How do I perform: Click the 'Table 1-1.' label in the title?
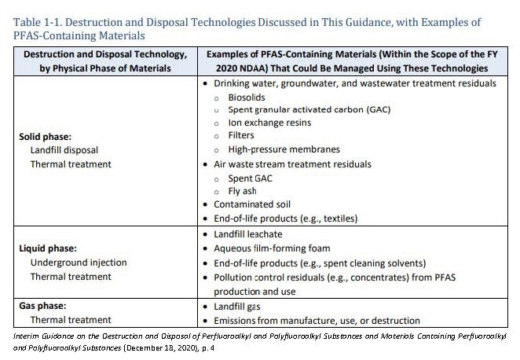coord(32,22)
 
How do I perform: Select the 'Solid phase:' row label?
coord(45,136)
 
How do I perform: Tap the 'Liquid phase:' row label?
coord(47,248)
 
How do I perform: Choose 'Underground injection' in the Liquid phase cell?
coord(78,263)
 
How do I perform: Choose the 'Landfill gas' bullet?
coord(240,306)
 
